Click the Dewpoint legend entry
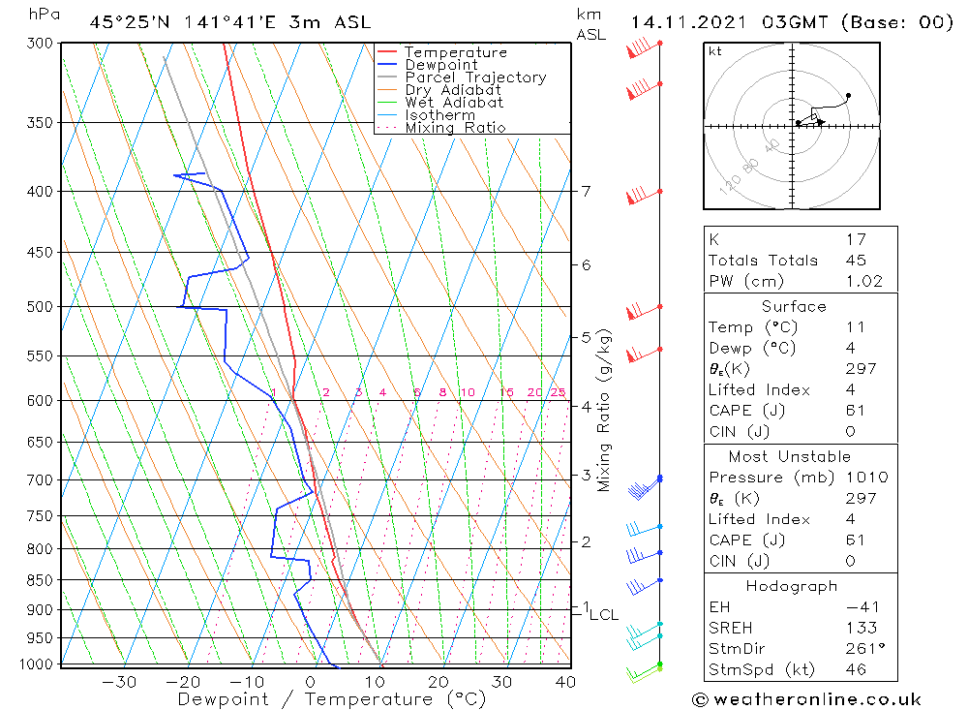440,65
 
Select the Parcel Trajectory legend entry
475,77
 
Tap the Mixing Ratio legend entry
455,128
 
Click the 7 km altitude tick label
586,191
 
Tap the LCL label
604,614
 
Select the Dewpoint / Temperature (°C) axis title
332,699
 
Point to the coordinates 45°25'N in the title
129,22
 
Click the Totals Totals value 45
855,261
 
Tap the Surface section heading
794,306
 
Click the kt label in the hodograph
715,51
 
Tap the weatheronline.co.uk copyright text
806,699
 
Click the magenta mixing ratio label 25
558,392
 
